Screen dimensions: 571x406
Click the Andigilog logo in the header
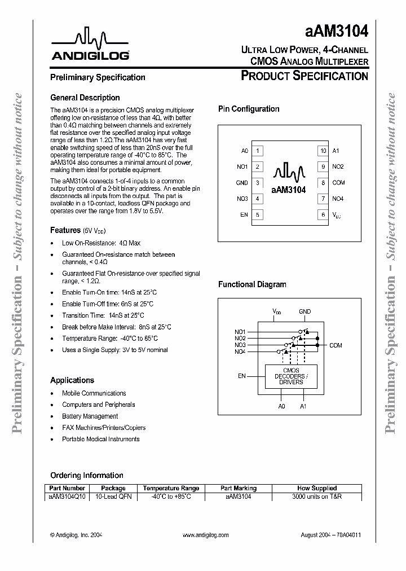point(90,46)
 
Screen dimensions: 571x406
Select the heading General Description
point(85,98)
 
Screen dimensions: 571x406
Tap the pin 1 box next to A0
point(258,151)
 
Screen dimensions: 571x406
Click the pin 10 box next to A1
point(323,151)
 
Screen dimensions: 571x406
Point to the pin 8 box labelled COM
point(323,183)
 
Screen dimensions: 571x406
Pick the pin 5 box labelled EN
point(258,214)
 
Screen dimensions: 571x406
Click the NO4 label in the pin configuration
point(338,199)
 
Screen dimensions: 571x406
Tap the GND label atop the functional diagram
point(304,311)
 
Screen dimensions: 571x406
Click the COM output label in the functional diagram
point(336,345)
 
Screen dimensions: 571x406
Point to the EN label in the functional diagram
point(242,375)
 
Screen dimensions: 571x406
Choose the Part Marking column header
point(238,488)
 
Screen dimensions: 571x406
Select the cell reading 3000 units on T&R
point(317,497)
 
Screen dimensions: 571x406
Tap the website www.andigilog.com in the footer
point(206,535)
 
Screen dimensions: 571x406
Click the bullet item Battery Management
point(90,416)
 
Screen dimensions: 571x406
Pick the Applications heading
point(72,380)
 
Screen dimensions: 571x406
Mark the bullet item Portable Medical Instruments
point(100,439)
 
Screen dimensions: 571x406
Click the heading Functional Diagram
point(252,285)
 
